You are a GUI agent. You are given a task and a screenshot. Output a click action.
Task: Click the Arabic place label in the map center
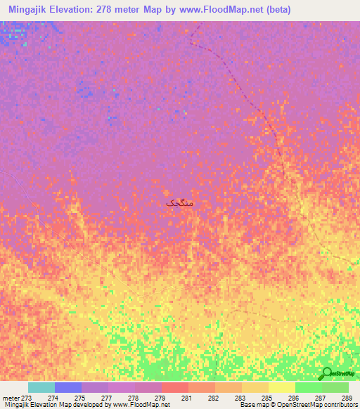tap(179, 202)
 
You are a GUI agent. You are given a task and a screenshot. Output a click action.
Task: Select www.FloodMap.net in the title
tap(218, 10)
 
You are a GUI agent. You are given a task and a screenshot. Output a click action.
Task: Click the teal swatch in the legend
tap(41, 387)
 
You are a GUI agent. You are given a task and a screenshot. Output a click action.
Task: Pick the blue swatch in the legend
tap(67, 387)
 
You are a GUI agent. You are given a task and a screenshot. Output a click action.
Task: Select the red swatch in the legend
tap(174, 387)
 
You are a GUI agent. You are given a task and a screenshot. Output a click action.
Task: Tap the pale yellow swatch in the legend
tap(281, 387)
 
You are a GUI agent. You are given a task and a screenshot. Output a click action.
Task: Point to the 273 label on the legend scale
tap(27, 398)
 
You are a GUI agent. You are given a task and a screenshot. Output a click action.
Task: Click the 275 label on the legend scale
tap(79, 398)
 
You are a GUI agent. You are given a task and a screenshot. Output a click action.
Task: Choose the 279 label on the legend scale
tap(160, 398)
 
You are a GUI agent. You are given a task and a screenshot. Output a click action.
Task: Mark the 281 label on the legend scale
tap(186, 398)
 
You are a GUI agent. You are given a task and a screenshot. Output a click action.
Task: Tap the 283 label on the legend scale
tap(240, 398)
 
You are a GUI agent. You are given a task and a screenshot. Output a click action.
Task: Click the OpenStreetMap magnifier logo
tap(326, 373)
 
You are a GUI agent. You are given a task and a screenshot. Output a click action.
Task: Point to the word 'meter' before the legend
tap(11, 398)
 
